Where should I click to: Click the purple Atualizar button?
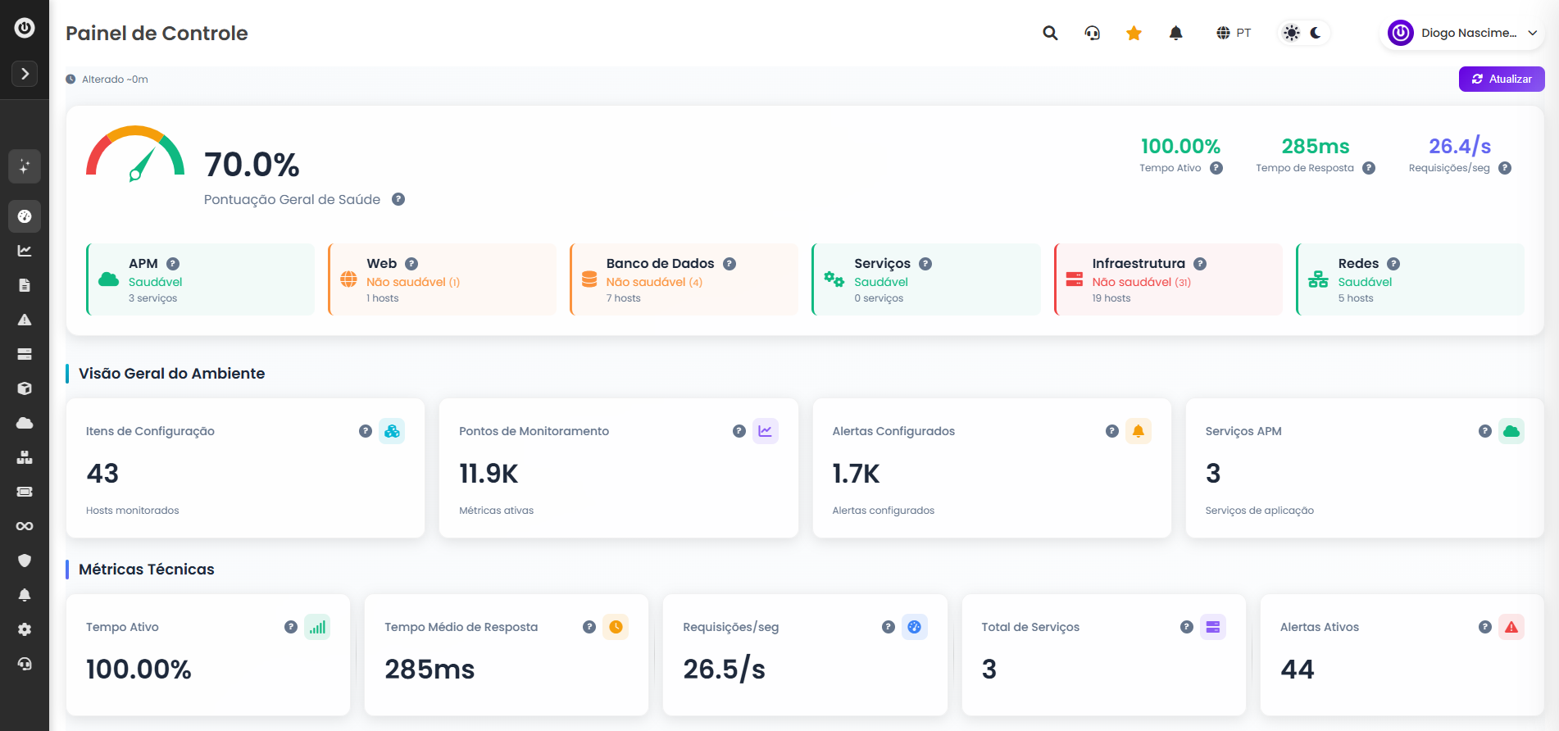[1502, 79]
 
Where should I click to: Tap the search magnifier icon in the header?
[1050, 33]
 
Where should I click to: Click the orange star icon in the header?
[1134, 33]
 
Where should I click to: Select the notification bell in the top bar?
[1176, 33]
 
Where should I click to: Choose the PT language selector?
[1234, 33]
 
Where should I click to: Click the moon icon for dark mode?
[1316, 33]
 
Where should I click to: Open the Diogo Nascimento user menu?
[1461, 33]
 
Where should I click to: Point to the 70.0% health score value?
[252, 165]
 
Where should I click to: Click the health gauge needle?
[142, 164]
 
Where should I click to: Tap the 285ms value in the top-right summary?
[1316, 147]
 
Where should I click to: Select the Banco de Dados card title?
[660, 263]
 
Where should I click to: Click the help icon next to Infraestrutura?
[1200, 264]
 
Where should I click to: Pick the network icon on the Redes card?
[1318, 279]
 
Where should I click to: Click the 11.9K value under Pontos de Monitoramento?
[489, 474]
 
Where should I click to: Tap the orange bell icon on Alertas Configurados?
[1139, 431]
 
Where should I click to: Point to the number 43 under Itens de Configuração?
[102, 474]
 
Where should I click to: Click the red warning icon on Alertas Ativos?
[1511, 627]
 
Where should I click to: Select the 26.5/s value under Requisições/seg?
[724, 670]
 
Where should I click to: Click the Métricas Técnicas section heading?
[146, 570]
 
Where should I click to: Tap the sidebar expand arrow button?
[25, 74]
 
